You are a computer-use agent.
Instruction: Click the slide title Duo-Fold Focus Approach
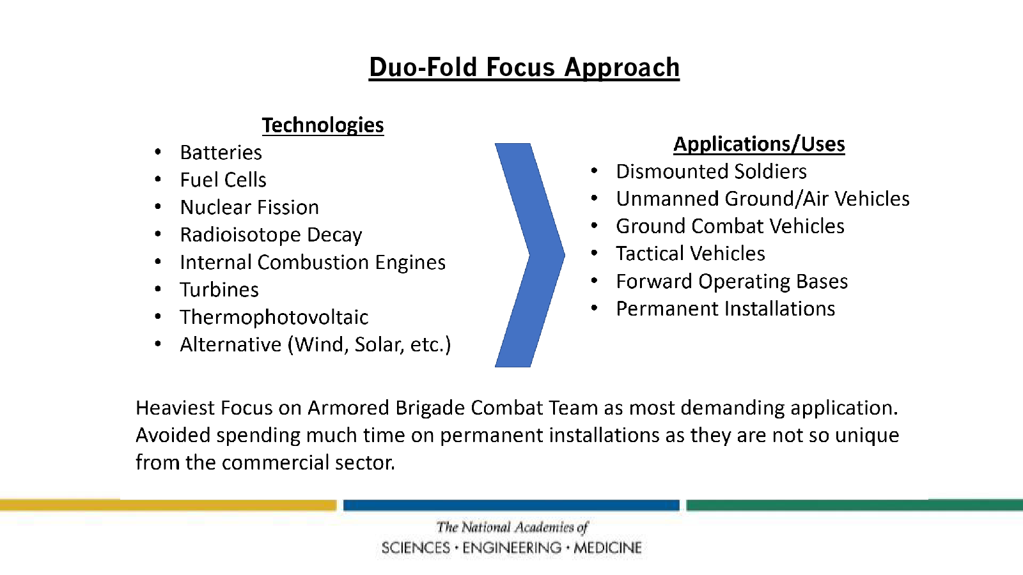[x=524, y=68]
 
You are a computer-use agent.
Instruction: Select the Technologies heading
[x=323, y=125]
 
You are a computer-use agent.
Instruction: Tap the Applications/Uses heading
[x=759, y=144]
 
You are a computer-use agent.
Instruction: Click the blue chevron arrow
[x=530, y=255]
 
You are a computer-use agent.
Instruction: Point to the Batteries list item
[x=221, y=153]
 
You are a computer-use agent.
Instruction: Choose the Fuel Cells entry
[x=223, y=180]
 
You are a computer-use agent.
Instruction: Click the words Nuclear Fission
[x=249, y=207]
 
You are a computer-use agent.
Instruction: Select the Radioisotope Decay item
[x=271, y=235]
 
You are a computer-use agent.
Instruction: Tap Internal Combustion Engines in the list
[x=313, y=263]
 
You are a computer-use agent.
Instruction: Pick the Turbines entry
[x=219, y=290]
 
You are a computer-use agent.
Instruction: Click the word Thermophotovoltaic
[x=274, y=317]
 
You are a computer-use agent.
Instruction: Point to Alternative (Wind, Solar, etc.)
[x=315, y=344]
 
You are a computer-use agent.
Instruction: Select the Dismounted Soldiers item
[x=711, y=172]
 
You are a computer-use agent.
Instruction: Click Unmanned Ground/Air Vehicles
[x=763, y=199]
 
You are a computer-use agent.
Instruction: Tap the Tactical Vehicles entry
[x=690, y=254]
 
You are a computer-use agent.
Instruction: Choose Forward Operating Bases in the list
[x=731, y=282]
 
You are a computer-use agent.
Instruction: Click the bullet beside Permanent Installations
[x=594, y=308]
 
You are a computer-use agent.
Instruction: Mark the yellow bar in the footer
[x=168, y=505]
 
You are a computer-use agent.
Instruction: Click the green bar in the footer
[x=854, y=505]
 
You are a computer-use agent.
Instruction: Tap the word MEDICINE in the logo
[x=608, y=548]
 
